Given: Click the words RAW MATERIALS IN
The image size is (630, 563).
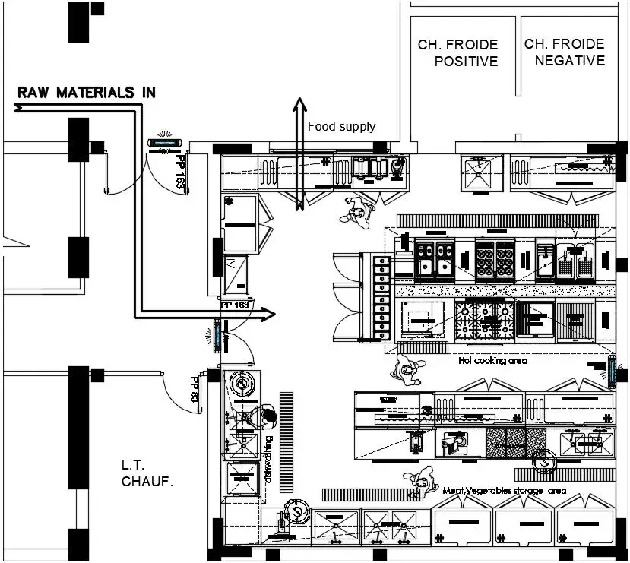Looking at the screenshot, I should click(87, 93).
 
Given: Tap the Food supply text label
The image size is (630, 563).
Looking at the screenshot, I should click(341, 126).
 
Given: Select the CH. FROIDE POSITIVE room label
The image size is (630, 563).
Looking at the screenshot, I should click(457, 53).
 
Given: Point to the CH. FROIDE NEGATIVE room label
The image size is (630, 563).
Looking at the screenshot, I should click(565, 52).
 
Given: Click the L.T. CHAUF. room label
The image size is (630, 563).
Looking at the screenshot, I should click(147, 473).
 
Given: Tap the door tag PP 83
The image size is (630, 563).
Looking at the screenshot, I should click(195, 388).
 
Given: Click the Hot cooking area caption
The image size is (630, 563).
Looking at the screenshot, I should click(492, 361).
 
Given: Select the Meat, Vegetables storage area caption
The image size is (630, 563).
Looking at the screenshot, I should click(504, 491).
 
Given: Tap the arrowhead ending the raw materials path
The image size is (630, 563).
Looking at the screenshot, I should click(268, 312).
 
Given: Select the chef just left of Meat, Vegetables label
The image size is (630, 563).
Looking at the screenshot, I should click(418, 481).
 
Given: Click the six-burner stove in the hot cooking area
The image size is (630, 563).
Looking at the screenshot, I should click(495, 258).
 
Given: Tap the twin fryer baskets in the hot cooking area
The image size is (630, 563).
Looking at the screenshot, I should click(575, 265).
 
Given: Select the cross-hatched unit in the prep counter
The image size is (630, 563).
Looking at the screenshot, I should click(515, 443).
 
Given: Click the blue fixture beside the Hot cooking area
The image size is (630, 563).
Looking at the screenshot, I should click(612, 371).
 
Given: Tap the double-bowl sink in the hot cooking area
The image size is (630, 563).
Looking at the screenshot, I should click(435, 258).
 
